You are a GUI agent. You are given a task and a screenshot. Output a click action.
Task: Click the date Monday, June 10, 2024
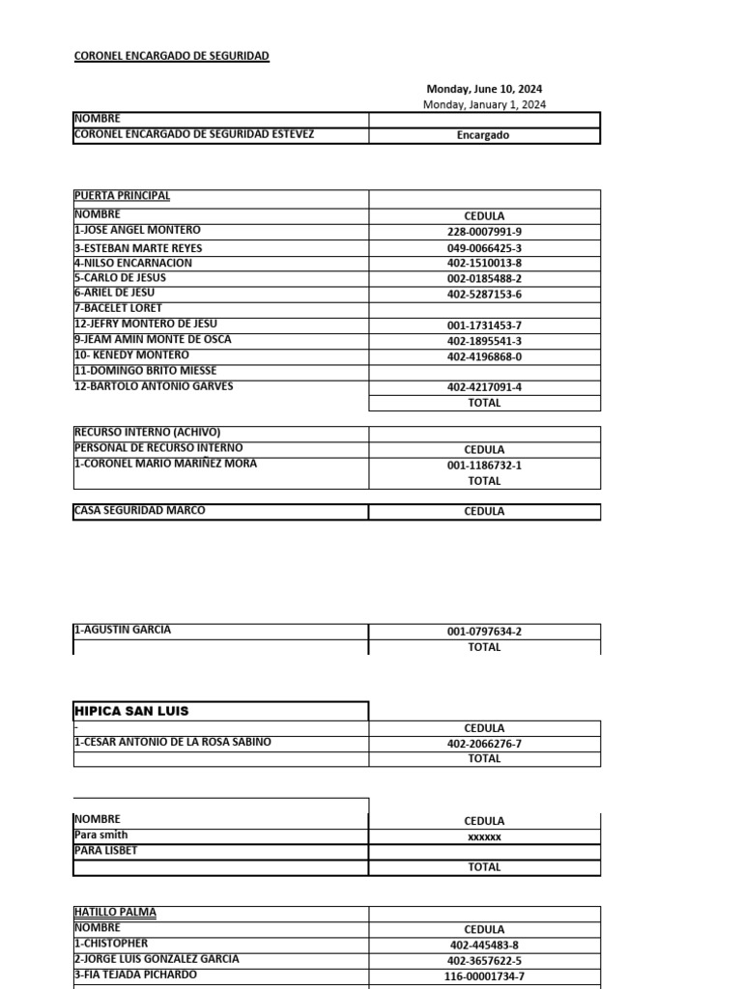click(x=484, y=89)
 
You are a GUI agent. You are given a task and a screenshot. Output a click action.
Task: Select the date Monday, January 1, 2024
click(x=484, y=104)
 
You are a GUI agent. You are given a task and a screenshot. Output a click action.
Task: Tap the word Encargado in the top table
click(x=483, y=135)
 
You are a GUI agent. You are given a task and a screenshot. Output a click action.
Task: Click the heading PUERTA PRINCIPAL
click(x=122, y=196)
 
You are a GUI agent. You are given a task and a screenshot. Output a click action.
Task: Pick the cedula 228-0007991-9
click(x=484, y=232)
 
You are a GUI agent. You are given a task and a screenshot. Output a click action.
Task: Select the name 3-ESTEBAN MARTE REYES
click(x=138, y=248)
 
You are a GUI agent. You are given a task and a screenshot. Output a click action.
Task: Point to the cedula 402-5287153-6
click(x=484, y=295)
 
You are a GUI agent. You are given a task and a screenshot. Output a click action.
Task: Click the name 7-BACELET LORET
click(x=118, y=308)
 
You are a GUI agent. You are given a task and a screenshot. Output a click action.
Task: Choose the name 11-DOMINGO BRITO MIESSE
click(x=145, y=371)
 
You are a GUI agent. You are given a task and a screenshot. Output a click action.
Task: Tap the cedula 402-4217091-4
click(x=484, y=387)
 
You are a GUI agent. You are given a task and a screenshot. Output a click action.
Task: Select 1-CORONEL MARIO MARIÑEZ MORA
click(x=164, y=464)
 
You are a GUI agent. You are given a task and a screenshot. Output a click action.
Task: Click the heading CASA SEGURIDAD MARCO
click(x=139, y=511)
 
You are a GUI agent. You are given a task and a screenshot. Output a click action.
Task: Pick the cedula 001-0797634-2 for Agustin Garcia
click(x=484, y=632)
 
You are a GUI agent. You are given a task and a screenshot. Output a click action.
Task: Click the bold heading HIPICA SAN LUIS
click(x=131, y=711)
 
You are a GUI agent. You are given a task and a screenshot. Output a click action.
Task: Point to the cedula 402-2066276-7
click(x=484, y=744)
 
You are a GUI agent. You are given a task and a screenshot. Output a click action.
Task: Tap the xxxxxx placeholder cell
click(x=484, y=837)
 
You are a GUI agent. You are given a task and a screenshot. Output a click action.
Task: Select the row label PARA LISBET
click(x=105, y=851)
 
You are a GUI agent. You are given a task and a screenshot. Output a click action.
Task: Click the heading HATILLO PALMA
click(x=115, y=912)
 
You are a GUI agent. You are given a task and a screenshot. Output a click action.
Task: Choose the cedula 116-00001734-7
click(x=484, y=976)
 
